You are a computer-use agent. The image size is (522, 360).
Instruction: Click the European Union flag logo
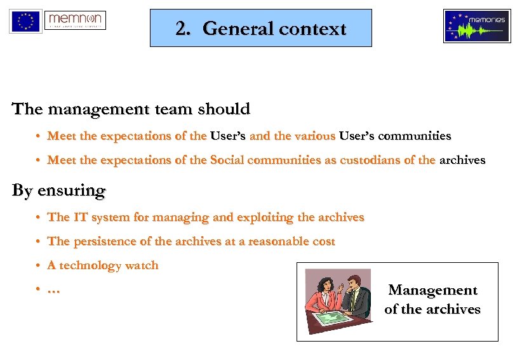point(25,22)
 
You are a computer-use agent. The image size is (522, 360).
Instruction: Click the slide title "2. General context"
point(261,29)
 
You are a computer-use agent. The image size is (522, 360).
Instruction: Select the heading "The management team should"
point(131,109)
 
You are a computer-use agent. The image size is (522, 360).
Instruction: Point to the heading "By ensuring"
point(59,190)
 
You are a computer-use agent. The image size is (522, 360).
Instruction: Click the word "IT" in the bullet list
point(80,217)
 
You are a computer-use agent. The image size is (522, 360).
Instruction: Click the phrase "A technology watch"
point(103,265)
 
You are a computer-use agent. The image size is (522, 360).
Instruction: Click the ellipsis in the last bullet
point(54,290)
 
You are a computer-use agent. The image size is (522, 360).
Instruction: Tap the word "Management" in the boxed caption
point(432,290)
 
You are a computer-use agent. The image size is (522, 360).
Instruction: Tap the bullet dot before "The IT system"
point(39,218)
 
